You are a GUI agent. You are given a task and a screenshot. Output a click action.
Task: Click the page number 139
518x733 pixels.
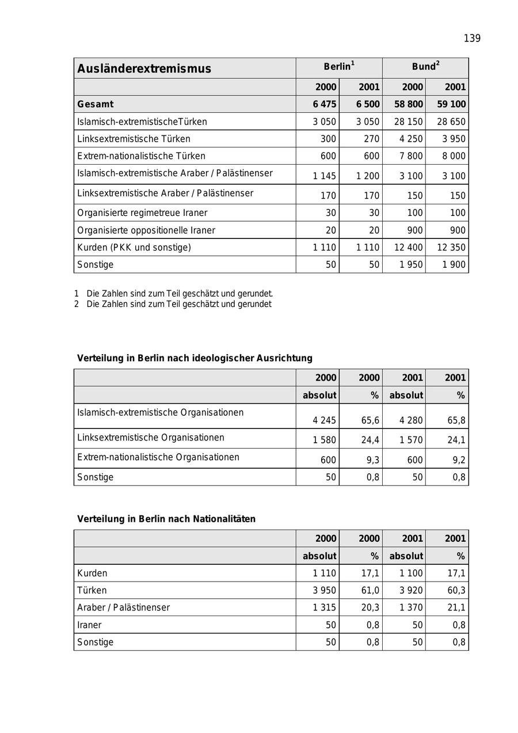(x=472, y=39)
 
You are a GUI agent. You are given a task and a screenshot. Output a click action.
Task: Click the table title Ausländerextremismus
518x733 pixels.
(x=144, y=69)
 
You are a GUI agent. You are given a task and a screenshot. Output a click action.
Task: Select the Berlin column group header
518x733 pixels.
(x=339, y=67)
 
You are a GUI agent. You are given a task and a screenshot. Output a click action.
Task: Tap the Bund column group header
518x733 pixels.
(x=425, y=67)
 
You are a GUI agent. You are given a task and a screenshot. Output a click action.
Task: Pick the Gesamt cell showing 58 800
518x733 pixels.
(x=408, y=104)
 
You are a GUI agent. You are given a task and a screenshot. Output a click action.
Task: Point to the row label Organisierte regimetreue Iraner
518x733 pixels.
(x=142, y=212)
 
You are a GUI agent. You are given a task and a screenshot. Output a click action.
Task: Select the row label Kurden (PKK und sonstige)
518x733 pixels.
(x=134, y=247)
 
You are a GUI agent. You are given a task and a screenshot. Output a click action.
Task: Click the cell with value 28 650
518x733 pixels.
(x=451, y=121)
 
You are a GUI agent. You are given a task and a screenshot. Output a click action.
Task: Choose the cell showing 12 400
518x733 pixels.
(x=408, y=247)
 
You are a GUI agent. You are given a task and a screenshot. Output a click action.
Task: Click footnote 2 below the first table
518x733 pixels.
(x=173, y=304)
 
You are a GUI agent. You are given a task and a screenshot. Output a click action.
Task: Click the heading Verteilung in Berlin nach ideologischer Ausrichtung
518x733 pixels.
(x=195, y=358)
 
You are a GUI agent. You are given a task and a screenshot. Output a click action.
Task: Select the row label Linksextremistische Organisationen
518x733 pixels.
(x=151, y=438)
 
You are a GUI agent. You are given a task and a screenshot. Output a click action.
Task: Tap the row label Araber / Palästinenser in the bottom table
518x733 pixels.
(x=123, y=607)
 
